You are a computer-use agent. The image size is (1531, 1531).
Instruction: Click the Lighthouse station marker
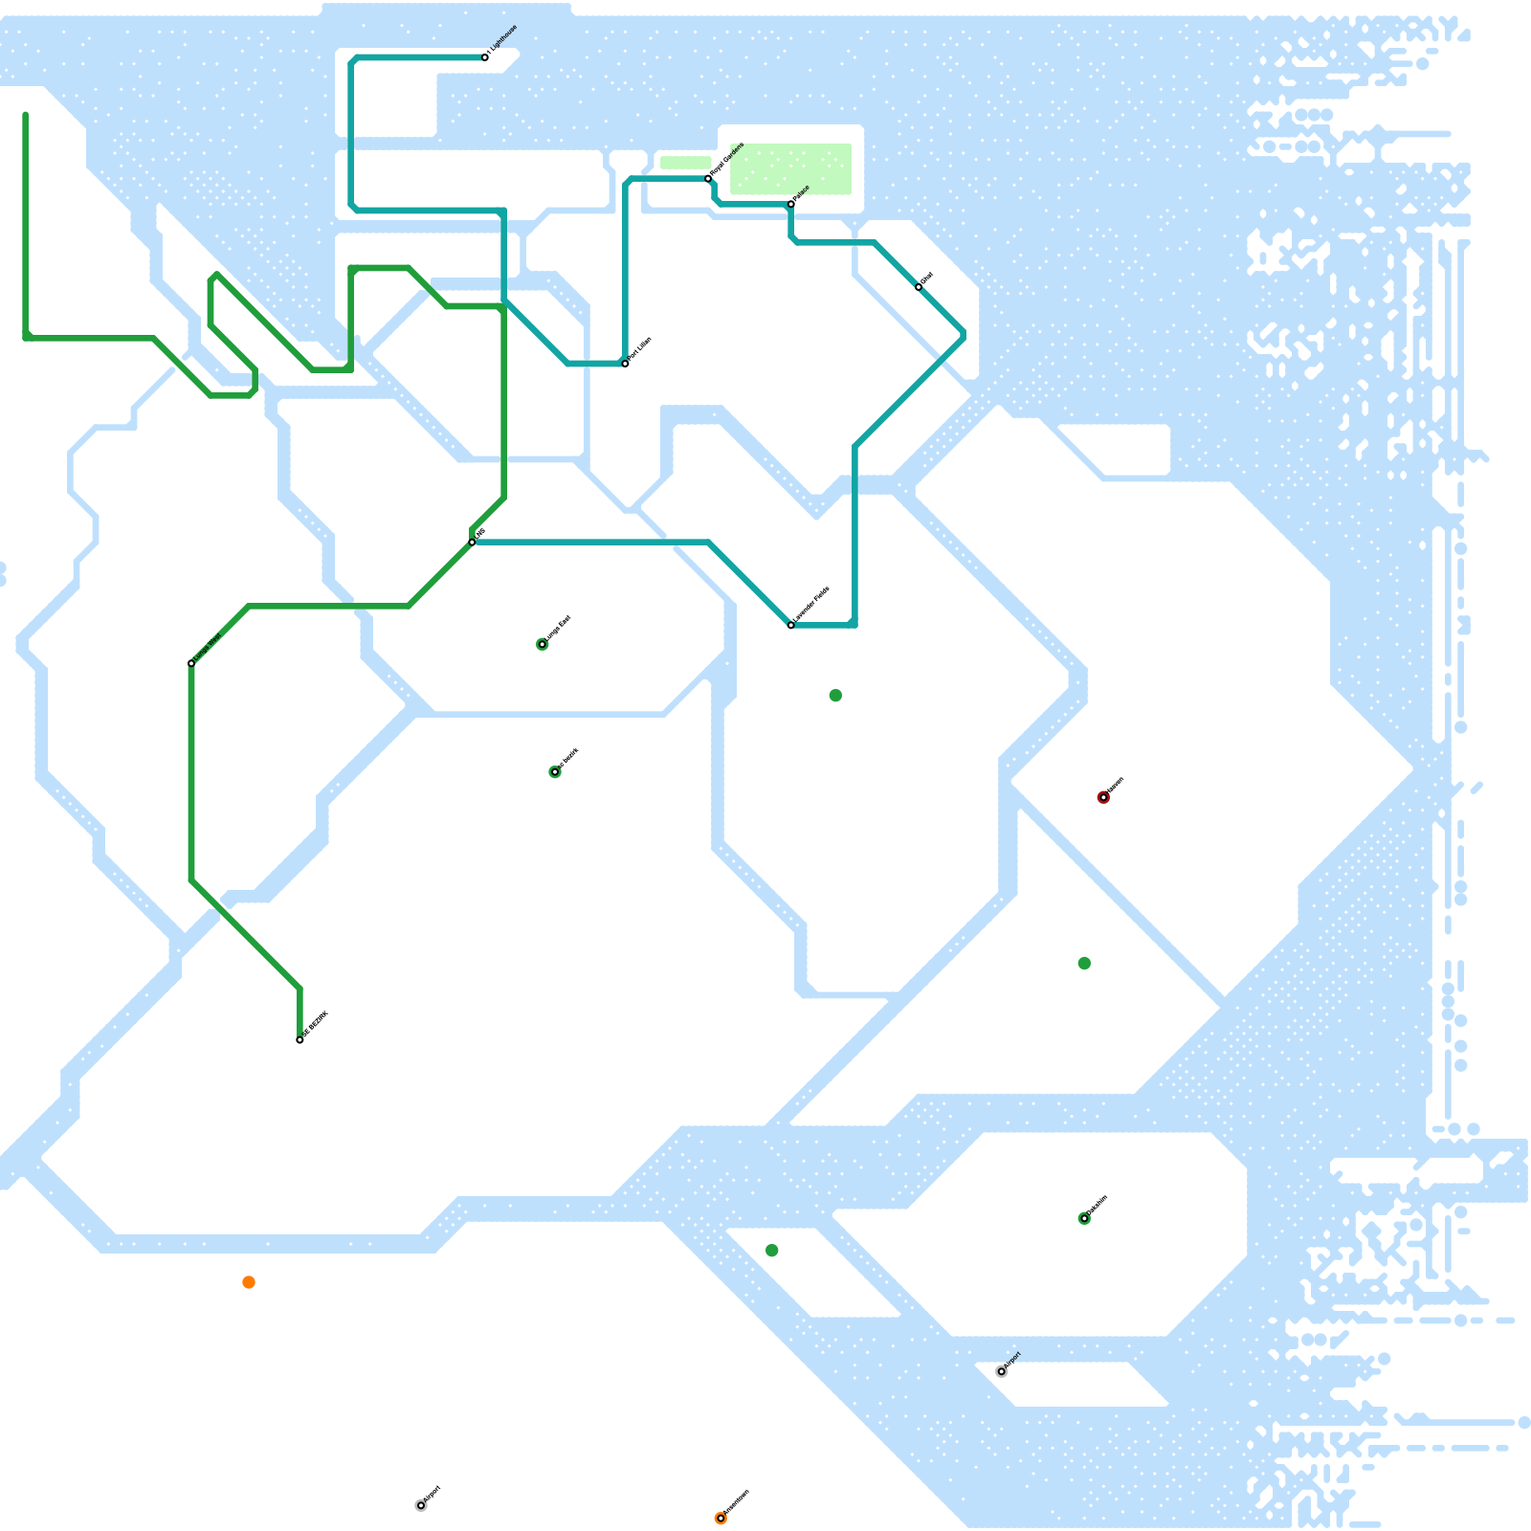point(485,57)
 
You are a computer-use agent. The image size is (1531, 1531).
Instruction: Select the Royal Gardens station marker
point(708,179)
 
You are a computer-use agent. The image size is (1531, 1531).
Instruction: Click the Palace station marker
point(791,204)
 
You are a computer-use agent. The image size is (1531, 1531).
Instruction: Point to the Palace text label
point(802,191)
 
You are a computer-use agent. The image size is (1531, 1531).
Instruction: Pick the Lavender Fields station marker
point(791,625)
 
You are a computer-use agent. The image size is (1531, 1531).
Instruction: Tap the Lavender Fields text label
point(812,605)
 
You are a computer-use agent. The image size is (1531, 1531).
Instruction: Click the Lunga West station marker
point(191,663)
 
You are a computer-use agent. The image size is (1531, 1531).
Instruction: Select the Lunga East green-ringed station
point(543,644)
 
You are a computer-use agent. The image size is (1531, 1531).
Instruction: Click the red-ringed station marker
point(1103,797)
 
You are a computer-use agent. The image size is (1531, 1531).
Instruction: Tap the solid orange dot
point(249,1282)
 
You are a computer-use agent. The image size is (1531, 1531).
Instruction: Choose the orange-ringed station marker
point(721,1519)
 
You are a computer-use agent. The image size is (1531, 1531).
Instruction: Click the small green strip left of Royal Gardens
point(685,163)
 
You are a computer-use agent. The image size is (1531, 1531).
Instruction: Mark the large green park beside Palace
point(790,168)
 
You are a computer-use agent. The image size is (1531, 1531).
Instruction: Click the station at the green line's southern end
point(300,1040)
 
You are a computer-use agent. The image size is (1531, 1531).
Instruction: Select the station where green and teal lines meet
point(472,543)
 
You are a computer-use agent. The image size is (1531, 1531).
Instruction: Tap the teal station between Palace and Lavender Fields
point(919,287)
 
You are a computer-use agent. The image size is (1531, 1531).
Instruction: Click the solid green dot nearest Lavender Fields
point(835,696)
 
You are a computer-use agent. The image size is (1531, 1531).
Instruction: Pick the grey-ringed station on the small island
point(1002,1371)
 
